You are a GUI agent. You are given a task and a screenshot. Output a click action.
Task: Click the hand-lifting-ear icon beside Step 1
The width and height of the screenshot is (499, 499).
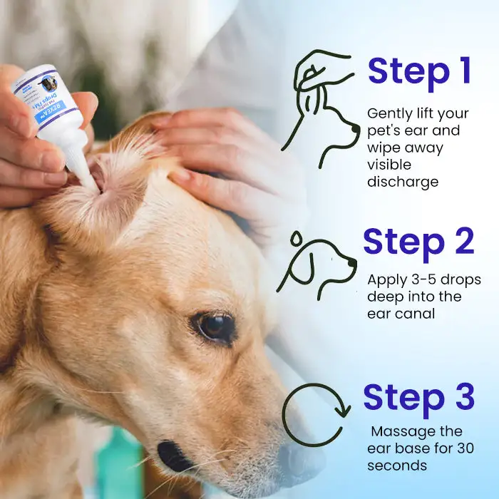pos(321,107)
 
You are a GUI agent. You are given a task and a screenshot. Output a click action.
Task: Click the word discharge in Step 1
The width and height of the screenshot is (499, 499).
pos(402,182)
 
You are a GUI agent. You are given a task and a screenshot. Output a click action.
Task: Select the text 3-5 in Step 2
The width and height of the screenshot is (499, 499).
pos(420,279)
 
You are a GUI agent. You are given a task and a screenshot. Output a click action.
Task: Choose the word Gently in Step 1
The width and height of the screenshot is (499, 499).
pos(389,113)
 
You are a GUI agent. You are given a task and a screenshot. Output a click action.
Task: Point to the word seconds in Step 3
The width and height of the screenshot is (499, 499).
pos(397,465)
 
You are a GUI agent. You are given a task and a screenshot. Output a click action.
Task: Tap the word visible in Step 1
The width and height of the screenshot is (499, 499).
pos(386,165)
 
